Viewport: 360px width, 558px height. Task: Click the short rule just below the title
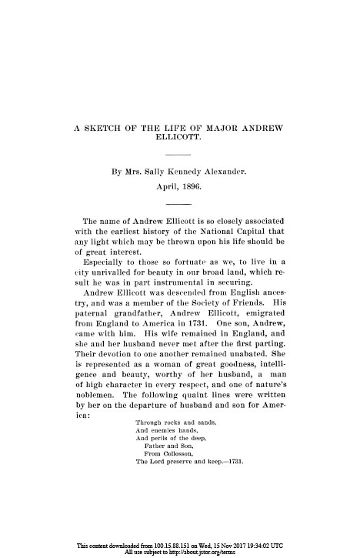point(179,155)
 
